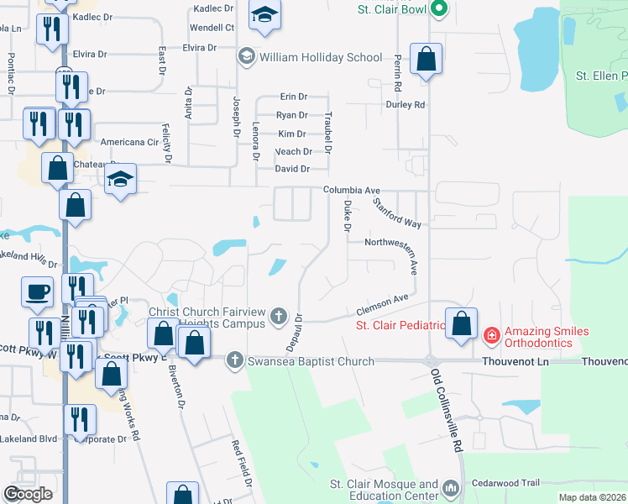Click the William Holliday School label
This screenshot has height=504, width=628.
point(321,58)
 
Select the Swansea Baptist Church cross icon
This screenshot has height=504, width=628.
point(234,361)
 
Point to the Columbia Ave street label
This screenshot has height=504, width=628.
point(353,191)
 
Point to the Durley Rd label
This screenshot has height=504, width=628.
point(406,105)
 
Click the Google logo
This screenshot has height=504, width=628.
point(28,494)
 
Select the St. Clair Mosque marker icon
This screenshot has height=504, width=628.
point(452,488)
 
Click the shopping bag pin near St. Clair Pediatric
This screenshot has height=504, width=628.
point(461,323)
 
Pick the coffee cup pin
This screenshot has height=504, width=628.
point(37,291)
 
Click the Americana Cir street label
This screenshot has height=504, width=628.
point(129,143)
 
